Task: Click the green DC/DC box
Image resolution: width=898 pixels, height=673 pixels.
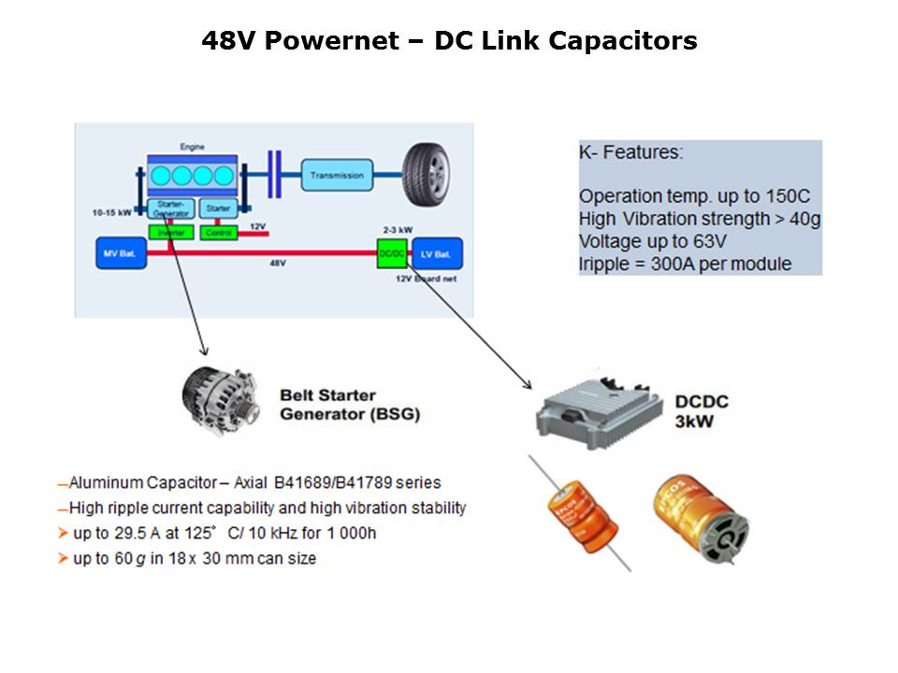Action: [388, 253]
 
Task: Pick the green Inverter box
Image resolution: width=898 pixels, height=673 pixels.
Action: [170, 232]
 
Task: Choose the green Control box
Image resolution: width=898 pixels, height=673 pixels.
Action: [219, 232]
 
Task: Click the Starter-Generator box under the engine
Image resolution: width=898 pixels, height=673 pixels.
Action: [169, 208]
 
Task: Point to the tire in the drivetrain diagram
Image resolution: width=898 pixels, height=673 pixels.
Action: [431, 174]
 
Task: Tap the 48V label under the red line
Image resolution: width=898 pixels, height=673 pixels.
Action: [278, 264]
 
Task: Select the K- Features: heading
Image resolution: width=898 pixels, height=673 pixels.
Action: [630, 152]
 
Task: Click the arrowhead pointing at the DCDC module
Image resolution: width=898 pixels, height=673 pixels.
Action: [527, 386]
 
